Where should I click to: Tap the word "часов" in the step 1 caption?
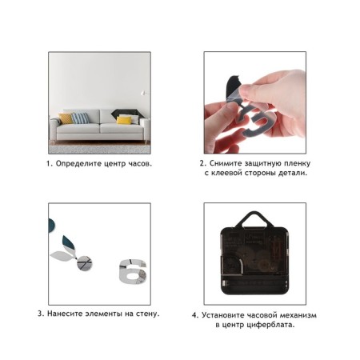coord(140,163)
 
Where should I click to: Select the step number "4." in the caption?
coord(195,315)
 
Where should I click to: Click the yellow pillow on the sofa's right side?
coord(124,120)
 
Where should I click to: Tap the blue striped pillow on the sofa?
coord(80,118)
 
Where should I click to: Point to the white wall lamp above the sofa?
coord(144,93)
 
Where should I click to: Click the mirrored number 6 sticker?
coord(133,271)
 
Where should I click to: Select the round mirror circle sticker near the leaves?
coord(84,263)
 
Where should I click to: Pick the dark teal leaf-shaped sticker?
coord(69,242)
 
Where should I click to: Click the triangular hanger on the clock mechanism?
coord(255,219)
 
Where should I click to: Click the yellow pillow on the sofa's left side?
coord(66,118)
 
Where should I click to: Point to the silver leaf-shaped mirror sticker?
coord(61,256)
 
